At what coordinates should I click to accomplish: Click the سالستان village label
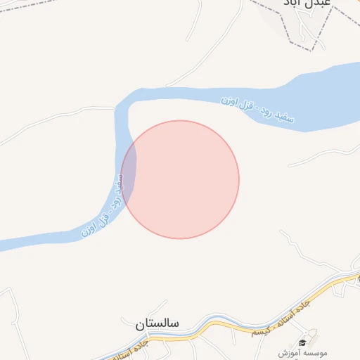(x=157, y=324)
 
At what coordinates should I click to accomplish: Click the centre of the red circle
(x=180, y=179)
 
